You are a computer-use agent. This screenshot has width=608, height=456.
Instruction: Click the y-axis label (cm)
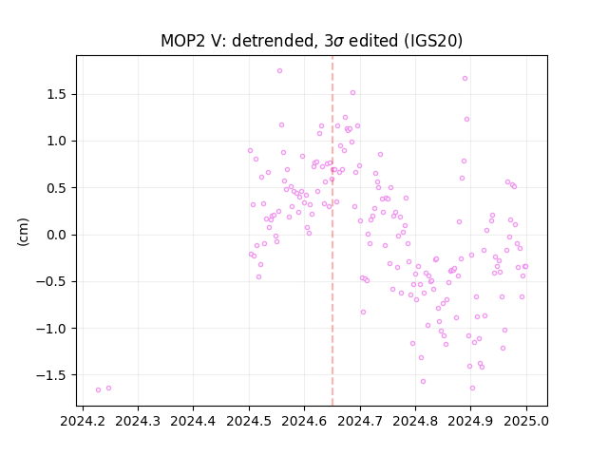point(23,232)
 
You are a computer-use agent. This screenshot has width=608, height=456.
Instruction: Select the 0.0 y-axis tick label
point(58,235)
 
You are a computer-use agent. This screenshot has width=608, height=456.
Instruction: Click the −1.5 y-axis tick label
point(52,375)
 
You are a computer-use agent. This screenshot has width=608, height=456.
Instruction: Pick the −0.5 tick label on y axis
point(52,282)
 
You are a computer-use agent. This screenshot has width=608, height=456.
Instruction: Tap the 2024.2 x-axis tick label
point(83,421)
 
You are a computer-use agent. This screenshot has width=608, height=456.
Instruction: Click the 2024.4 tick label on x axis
point(193,421)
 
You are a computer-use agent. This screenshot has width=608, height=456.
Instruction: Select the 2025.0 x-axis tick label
point(526,421)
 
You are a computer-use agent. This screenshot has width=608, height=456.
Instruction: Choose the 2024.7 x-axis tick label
point(360,421)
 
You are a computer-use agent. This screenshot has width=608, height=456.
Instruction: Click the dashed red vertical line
point(332,231)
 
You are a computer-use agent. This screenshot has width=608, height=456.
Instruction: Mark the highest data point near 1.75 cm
point(279,71)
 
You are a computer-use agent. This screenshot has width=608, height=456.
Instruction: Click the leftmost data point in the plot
point(98,390)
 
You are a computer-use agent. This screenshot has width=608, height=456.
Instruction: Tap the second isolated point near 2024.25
point(108,389)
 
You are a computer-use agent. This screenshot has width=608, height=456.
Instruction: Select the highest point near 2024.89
point(465,79)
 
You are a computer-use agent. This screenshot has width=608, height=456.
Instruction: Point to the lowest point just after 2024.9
point(472,389)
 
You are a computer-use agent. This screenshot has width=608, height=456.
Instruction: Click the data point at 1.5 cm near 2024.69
point(352,93)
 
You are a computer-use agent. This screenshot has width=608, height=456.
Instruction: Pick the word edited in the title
point(373,41)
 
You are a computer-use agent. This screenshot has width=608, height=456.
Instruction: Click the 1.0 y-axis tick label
point(58,142)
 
